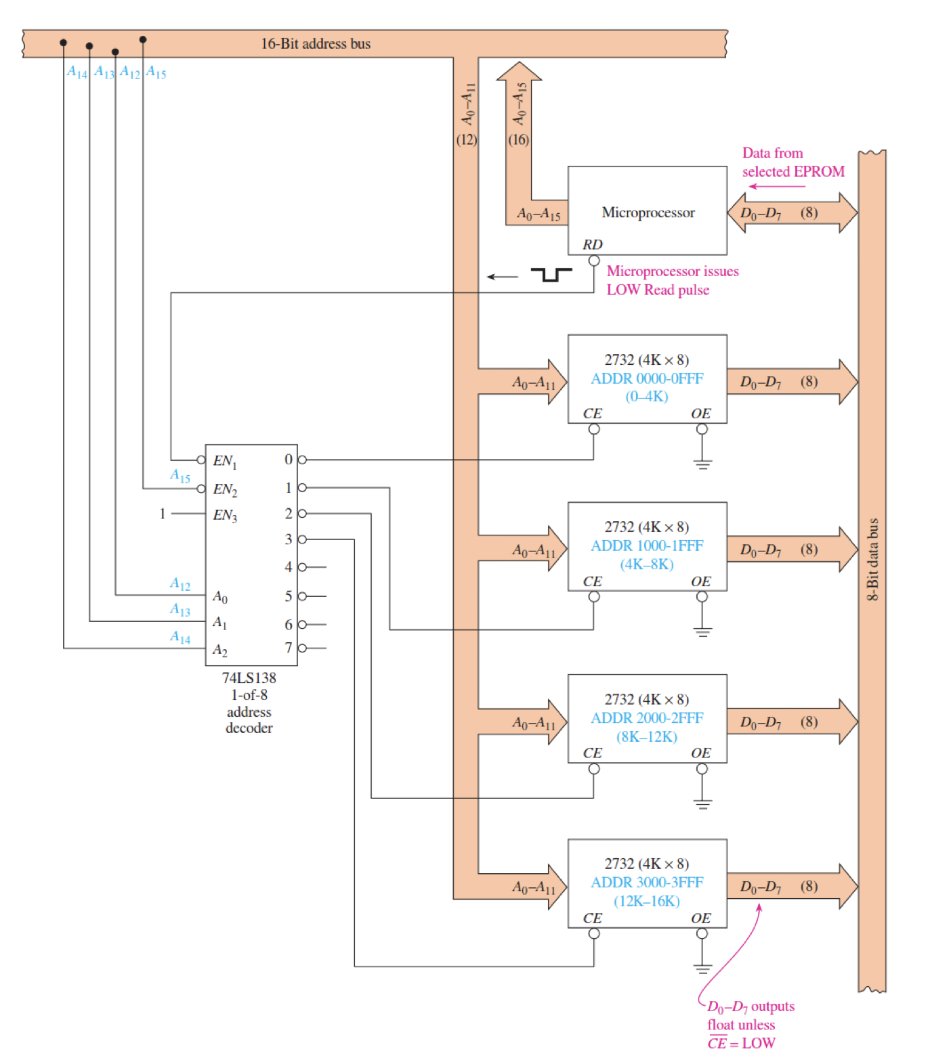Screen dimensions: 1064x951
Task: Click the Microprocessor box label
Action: click(x=648, y=213)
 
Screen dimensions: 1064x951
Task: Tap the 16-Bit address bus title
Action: click(x=316, y=44)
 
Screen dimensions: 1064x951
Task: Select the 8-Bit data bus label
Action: click(x=872, y=559)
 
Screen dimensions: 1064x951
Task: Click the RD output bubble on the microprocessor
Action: click(x=593, y=261)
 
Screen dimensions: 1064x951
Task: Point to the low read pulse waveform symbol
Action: click(x=551, y=274)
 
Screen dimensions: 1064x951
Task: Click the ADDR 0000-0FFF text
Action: click(x=647, y=378)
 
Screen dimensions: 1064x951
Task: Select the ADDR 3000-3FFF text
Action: click(x=647, y=883)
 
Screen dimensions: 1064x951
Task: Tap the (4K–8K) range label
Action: click(x=646, y=564)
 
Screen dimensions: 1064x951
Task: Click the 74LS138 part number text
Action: click(x=249, y=678)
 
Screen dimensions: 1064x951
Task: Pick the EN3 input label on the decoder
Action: click(x=225, y=515)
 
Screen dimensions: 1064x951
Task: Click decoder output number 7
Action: click(x=289, y=648)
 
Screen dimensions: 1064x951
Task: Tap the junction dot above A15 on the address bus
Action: click(x=143, y=40)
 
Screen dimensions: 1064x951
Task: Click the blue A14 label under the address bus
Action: click(x=77, y=72)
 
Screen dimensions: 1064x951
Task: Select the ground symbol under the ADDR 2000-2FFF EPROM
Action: click(x=702, y=803)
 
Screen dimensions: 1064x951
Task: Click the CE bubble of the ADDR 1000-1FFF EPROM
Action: click(x=593, y=597)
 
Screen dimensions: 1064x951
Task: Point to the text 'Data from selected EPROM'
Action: click(x=792, y=162)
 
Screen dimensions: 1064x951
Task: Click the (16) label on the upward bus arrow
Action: click(x=518, y=139)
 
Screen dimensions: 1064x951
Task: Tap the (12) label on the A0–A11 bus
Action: click(x=466, y=139)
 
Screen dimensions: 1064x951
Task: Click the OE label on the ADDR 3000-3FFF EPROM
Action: click(x=700, y=918)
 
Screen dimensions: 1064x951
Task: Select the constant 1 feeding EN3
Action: click(x=163, y=514)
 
